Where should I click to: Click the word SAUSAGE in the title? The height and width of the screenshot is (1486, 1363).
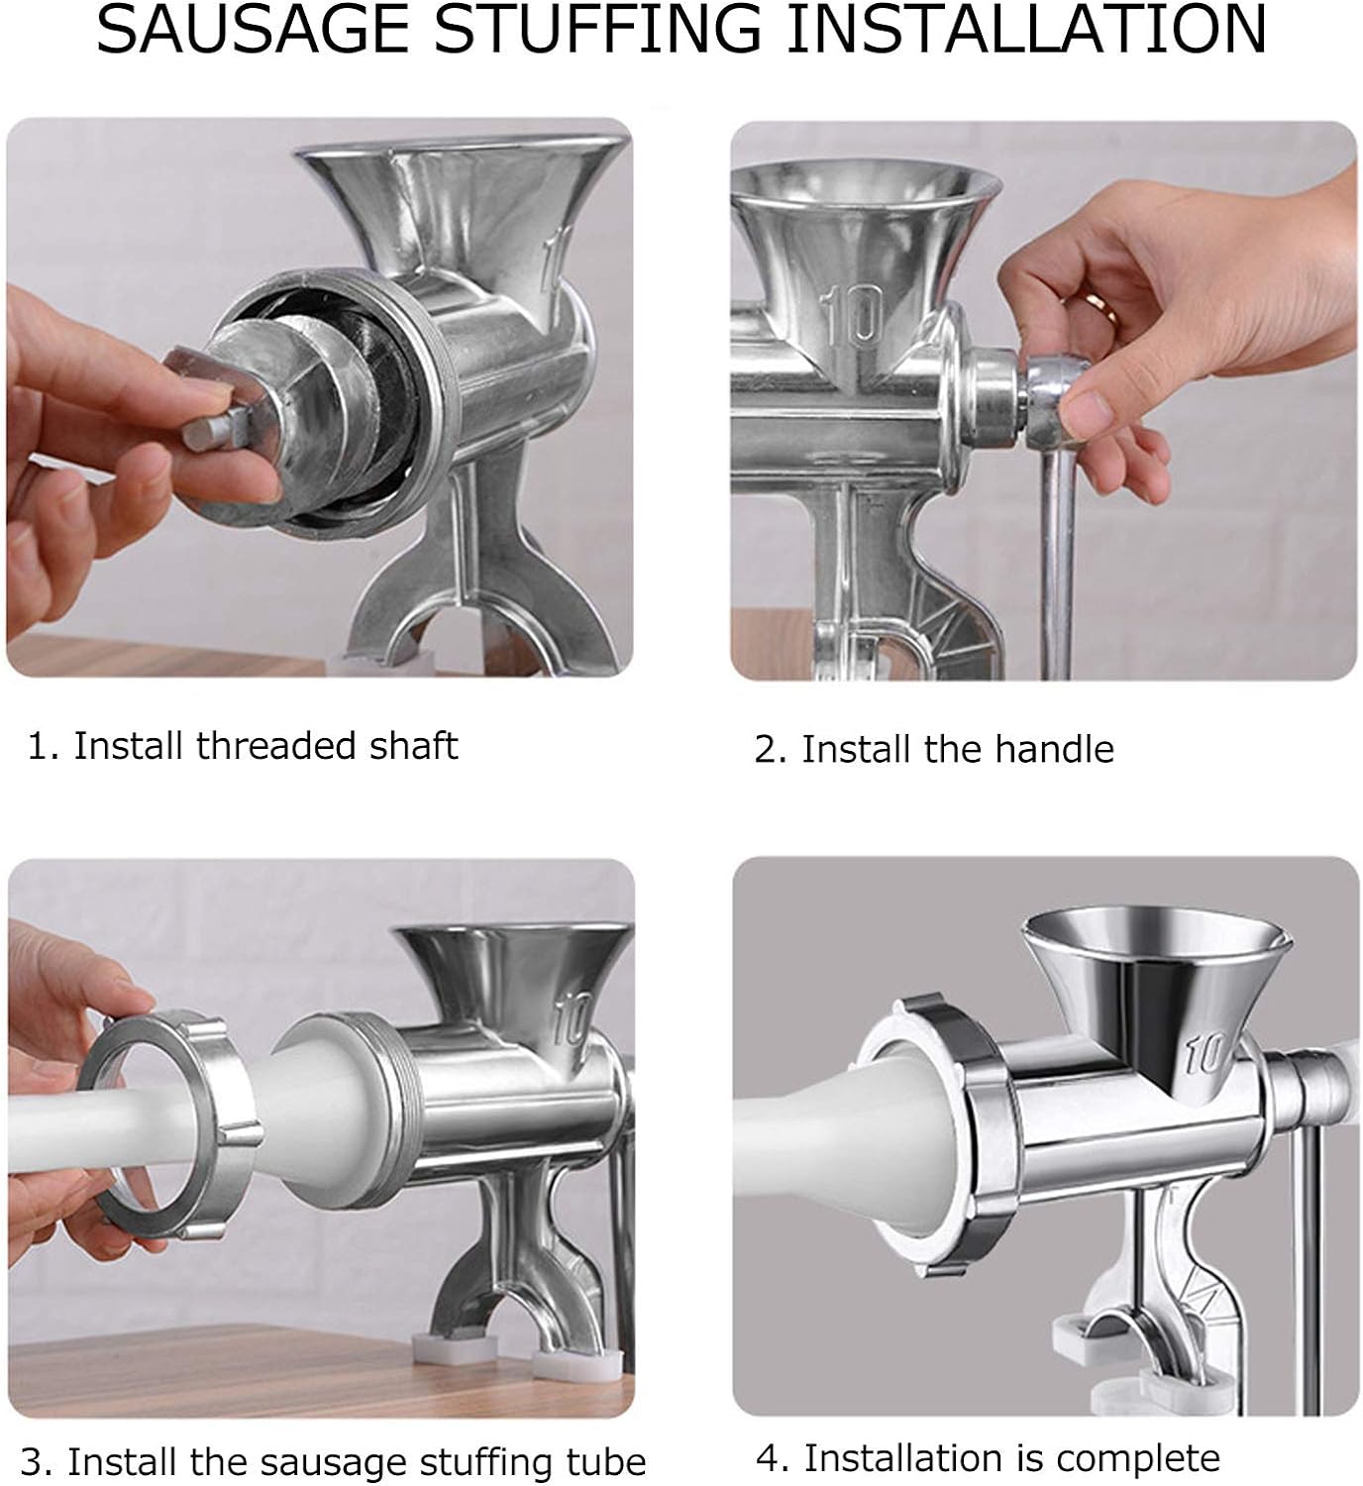253,29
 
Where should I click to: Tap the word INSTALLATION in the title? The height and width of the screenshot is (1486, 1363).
1026,29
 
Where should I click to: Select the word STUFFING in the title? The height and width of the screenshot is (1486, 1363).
597,29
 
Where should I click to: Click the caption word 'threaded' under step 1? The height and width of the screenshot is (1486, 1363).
274,745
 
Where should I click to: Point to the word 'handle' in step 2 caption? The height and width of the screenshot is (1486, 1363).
1053,749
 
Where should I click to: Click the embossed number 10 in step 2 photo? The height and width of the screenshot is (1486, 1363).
853,316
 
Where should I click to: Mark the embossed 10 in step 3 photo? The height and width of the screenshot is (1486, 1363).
572,1018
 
